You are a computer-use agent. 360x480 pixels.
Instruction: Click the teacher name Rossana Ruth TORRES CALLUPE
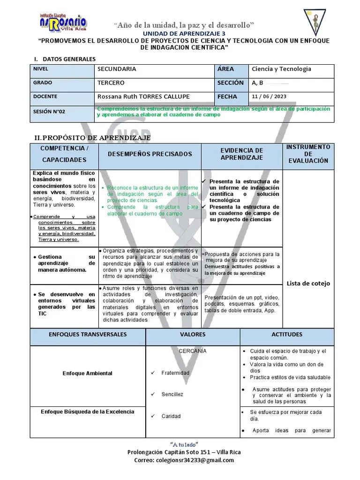[x=143, y=97]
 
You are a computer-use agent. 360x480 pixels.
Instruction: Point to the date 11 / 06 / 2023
[x=269, y=97]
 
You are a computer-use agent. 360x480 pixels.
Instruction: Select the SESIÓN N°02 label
[x=49, y=112]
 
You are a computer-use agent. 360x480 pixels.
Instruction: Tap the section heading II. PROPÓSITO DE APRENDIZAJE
[x=93, y=137]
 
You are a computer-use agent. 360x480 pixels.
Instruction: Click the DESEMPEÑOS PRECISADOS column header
[x=150, y=154]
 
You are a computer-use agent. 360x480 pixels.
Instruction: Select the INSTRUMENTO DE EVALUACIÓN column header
[x=308, y=154]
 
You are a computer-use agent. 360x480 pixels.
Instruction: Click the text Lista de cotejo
[x=308, y=283]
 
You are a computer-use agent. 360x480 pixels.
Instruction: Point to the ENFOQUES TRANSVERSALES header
[x=88, y=335]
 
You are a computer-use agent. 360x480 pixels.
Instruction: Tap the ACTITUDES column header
[x=287, y=335]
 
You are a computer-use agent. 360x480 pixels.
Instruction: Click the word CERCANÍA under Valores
[x=193, y=351]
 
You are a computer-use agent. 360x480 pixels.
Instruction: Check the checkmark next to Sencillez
[x=153, y=394]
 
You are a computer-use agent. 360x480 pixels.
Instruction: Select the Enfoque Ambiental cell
[x=88, y=373]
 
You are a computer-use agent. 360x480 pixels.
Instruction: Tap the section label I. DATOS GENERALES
[x=65, y=59]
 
